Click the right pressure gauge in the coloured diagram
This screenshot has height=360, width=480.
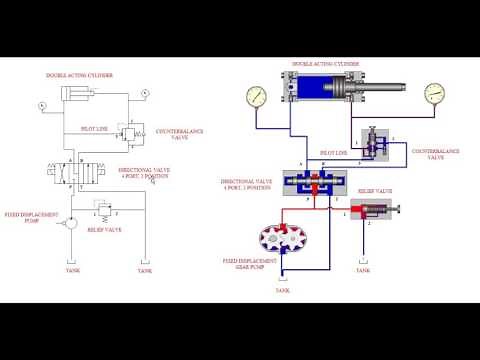pyautogui.click(x=434, y=93)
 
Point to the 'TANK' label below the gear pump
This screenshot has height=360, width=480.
pyautogui.click(x=280, y=291)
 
